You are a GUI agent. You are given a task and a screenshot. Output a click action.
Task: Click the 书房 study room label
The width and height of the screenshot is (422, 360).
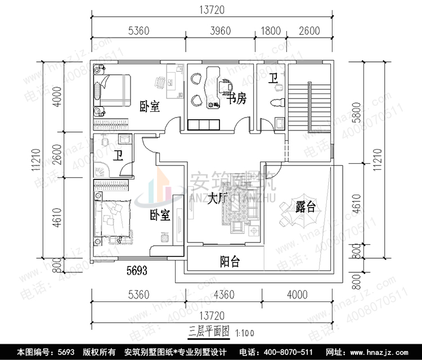click(x=236, y=100)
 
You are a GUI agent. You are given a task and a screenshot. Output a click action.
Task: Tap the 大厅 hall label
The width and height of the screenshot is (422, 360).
click(x=217, y=199)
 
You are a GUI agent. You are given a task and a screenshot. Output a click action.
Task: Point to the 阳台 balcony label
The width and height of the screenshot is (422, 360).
click(x=230, y=261)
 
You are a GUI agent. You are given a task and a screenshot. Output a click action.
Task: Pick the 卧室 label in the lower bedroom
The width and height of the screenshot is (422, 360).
click(x=160, y=215)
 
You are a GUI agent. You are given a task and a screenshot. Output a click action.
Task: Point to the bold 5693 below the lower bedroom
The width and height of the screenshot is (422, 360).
click(x=136, y=271)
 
